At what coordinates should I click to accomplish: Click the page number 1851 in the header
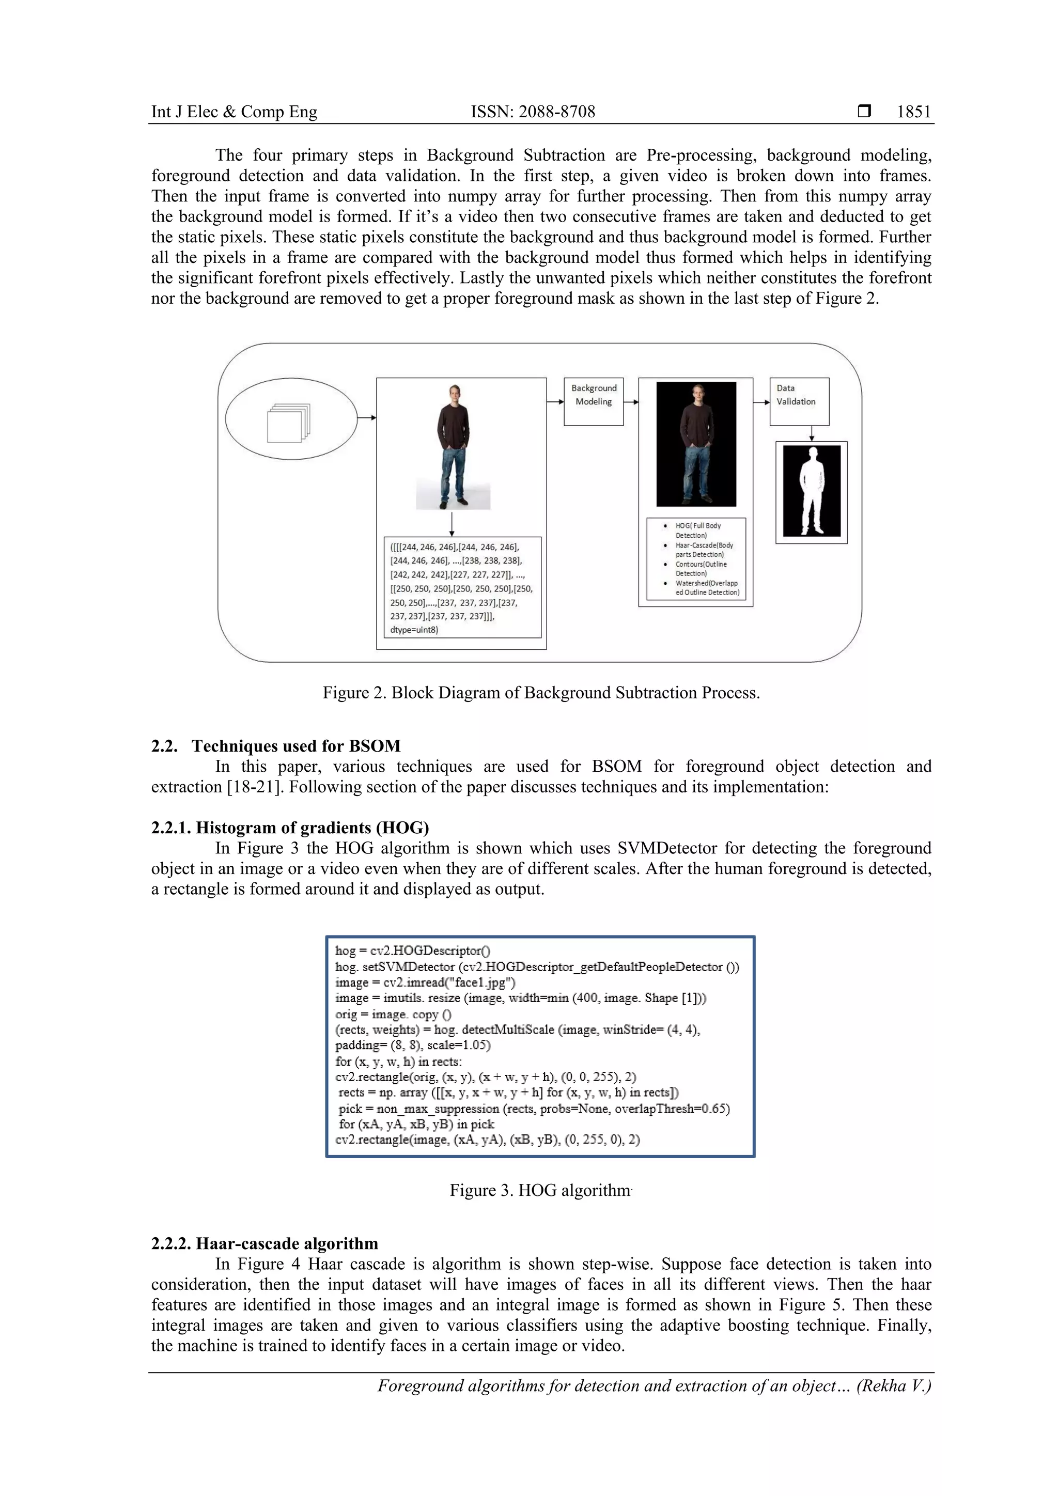point(913,112)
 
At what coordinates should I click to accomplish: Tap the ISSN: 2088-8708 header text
point(533,112)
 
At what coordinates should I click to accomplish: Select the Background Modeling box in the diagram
point(594,401)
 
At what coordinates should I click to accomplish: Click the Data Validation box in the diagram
point(799,401)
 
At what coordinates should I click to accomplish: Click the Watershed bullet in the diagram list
point(706,588)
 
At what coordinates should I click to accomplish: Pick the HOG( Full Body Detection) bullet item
point(698,529)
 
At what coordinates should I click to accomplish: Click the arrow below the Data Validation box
point(812,433)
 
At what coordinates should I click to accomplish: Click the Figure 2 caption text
point(541,693)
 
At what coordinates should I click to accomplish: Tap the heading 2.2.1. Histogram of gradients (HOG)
point(290,828)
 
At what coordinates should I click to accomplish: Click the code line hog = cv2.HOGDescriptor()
point(412,950)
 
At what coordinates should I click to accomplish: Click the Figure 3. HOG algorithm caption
point(540,1190)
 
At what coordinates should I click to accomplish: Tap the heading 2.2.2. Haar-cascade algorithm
point(264,1243)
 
